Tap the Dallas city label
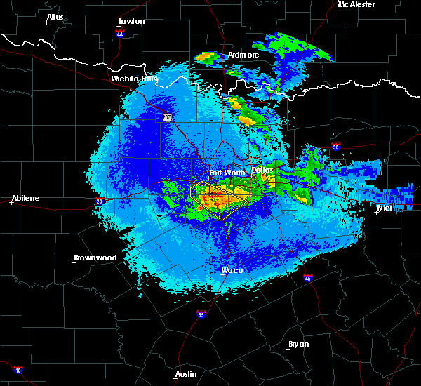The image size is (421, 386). pyautogui.click(x=262, y=170)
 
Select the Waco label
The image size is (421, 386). pyautogui.click(x=232, y=269)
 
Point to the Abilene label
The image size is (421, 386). pyautogui.click(x=25, y=198)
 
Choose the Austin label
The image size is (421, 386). pyautogui.click(x=186, y=374)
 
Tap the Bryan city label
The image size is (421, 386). pyautogui.click(x=298, y=344)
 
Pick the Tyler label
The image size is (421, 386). pyautogui.click(x=385, y=208)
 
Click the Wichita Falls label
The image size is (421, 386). pyautogui.click(x=135, y=79)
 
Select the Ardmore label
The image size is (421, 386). pyautogui.click(x=243, y=55)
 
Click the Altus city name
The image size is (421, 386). pyautogui.click(x=55, y=17)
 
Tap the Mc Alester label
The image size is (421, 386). pyautogui.click(x=356, y=4)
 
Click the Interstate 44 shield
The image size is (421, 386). pyautogui.click(x=119, y=32)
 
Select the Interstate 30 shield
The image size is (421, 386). pyautogui.click(x=335, y=147)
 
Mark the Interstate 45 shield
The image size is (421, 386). pyautogui.click(x=307, y=278)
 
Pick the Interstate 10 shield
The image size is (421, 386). pyautogui.click(x=18, y=370)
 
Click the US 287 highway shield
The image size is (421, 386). pyautogui.click(x=167, y=118)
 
